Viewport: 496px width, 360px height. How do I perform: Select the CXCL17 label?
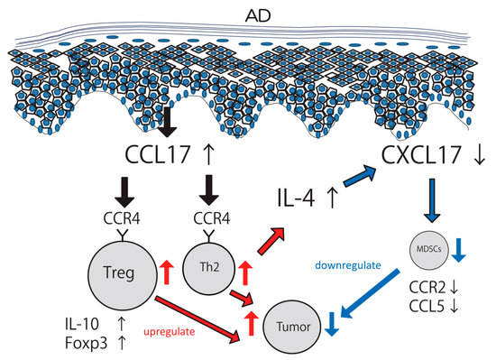coord(417,151)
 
